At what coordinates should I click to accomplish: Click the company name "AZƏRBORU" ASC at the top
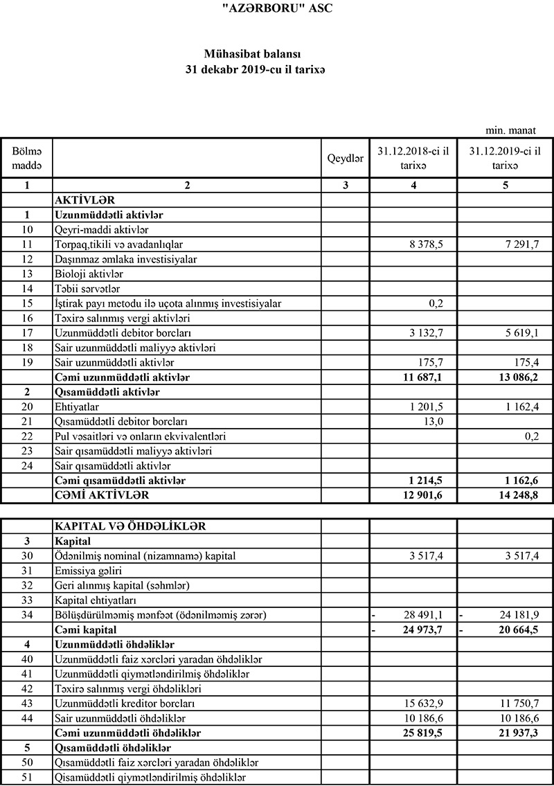pos(276,8)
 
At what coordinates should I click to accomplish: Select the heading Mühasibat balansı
pos(256,53)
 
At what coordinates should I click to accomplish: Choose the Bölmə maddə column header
pos(26,159)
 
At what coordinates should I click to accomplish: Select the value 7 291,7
pos(519,244)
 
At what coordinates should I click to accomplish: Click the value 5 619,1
pos(519,333)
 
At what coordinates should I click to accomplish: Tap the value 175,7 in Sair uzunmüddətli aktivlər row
pos(430,363)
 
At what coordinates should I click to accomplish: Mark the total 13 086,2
pos(516,377)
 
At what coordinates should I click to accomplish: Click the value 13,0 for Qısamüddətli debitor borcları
pos(434,422)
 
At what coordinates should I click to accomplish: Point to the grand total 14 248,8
pos(516,495)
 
